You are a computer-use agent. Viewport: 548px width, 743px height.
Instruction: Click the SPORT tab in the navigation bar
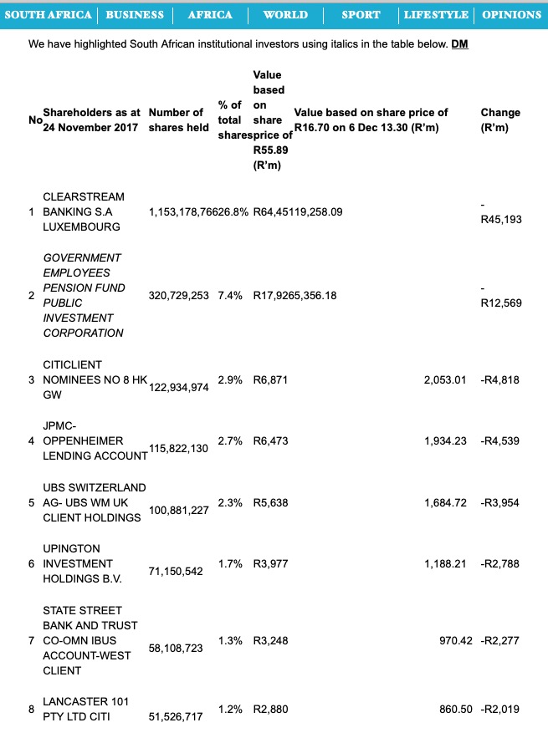(361, 15)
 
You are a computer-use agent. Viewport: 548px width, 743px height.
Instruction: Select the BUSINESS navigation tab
(135, 15)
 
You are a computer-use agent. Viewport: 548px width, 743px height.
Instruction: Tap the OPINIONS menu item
(511, 15)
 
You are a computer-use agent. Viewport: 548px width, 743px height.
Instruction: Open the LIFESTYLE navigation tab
(436, 15)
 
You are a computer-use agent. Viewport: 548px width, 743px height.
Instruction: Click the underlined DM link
(459, 43)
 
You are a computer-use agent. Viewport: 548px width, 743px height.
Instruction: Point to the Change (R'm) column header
(500, 120)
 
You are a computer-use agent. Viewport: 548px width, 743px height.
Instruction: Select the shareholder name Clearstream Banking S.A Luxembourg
(84, 211)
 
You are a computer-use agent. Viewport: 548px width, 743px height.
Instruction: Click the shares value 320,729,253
(178, 295)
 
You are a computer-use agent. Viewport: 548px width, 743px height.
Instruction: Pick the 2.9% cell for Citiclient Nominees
(231, 379)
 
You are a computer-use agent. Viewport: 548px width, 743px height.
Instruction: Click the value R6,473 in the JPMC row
(270, 440)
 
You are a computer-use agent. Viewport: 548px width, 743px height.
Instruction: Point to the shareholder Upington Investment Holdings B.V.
(83, 563)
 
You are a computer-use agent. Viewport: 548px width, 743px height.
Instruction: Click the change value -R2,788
(500, 564)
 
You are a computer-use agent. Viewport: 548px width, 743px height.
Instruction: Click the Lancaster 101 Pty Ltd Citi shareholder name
(83, 709)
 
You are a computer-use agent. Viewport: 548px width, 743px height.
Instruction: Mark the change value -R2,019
(500, 710)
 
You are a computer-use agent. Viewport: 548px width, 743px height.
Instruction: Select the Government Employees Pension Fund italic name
(84, 295)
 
